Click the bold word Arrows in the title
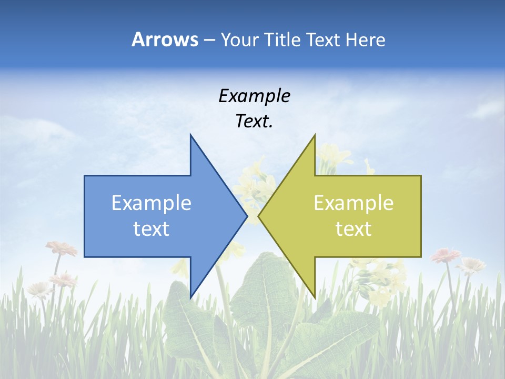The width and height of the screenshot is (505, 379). [x=165, y=39]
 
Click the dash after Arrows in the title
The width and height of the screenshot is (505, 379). [x=209, y=40]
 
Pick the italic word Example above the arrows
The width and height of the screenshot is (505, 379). [x=254, y=96]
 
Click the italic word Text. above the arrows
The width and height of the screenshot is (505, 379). [x=254, y=122]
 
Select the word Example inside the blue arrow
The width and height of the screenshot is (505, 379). [x=151, y=203]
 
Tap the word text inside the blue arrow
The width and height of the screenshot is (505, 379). [x=151, y=229]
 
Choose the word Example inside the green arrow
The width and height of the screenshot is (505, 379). [x=353, y=203]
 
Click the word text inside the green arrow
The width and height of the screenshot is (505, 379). [x=353, y=229]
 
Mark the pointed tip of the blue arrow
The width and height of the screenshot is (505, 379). [x=247, y=216]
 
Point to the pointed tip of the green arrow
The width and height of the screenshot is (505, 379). [x=258, y=216]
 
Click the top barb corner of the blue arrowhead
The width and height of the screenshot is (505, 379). [x=190, y=135]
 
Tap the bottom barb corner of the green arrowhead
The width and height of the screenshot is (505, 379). [x=315, y=297]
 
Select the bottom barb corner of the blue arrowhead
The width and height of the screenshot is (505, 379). [x=190, y=297]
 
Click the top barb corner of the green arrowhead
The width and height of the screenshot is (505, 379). [x=315, y=135]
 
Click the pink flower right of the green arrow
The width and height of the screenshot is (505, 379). [x=446, y=256]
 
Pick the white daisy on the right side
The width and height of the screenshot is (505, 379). [x=471, y=265]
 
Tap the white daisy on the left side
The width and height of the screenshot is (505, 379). [x=38, y=288]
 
